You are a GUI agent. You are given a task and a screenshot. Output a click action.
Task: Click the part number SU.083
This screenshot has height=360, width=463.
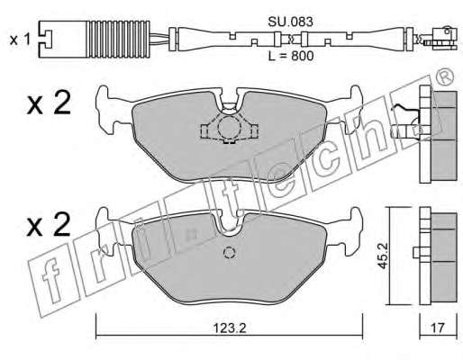pos(290,22)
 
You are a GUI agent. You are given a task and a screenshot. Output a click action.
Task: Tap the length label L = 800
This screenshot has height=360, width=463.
pos(291,56)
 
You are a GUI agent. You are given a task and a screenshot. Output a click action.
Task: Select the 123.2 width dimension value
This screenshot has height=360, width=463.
pos(230,328)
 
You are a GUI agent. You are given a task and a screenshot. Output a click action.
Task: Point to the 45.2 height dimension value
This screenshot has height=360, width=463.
pos(383,256)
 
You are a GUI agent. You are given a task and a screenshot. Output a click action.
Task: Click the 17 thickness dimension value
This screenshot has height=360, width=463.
pos(438,328)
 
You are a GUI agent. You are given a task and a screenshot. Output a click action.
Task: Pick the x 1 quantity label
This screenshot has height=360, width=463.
pos(20,40)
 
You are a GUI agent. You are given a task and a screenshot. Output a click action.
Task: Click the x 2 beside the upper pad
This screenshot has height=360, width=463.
pos(49,103)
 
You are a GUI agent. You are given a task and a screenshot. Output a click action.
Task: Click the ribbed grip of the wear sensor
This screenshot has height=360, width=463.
pos(118,39)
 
